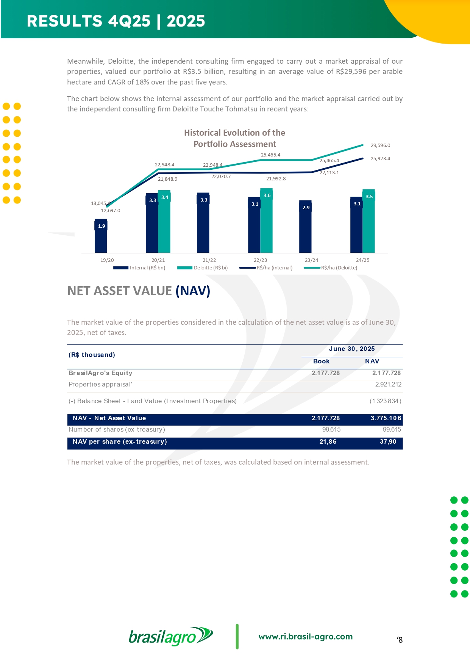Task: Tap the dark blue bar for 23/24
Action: pyautogui.click(x=305, y=227)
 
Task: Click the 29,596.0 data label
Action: pyautogui.click(x=380, y=145)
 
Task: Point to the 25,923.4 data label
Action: pyautogui.click(x=380, y=158)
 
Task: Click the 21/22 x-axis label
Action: pyautogui.click(x=209, y=260)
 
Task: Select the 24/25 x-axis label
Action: pyautogui.click(x=362, y=260)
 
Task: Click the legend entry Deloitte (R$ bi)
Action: pyautogui.click(x=211, y=268)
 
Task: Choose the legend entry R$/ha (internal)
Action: pyautogui.click(x=274, y=268)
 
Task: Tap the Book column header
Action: pyautogui.click(x=321, y=361)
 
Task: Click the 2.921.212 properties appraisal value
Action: pyautogui.click(x=388, y=384)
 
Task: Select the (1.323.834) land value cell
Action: pyautogui.click(x=385, y=401)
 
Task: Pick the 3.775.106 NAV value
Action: pyautogui.click(x=386, y=418)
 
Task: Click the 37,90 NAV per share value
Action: pyautogui.click(x=388, y=441)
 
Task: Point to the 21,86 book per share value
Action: pyautogui.click(x=328, y=441)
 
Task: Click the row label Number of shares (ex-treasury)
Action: pyautogui.click(x=117, y=429)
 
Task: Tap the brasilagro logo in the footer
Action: pyautogui.click(x=171, y=636)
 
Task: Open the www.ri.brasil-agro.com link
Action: pyautogui.click(x=305, y=637)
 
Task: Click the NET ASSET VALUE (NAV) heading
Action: pyautogui.click(x=139, y=291)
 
